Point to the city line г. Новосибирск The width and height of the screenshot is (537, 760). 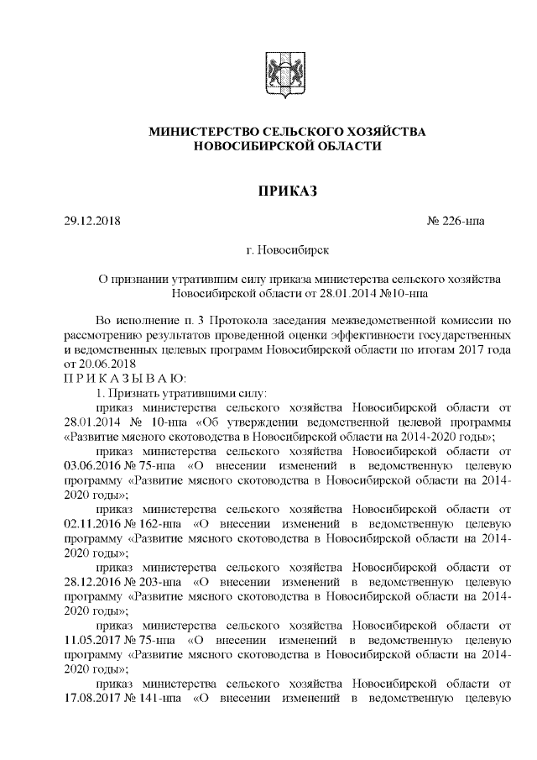pyautogui.click(x=287, y=250)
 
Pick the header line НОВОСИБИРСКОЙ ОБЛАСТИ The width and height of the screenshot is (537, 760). pyautogui.click(x=287, y=146)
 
